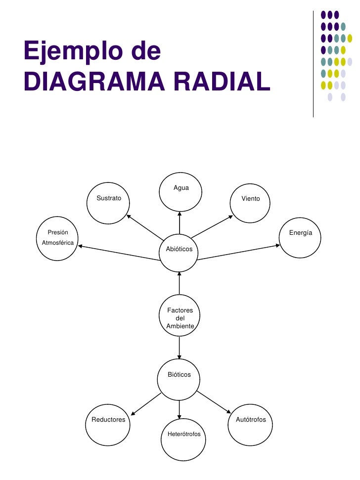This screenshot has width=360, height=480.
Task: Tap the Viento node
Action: (x=251, y=202)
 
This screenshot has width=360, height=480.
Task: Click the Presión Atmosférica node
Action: (x=58, y=240)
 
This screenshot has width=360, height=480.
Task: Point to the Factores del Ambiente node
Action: (x=180, y=317)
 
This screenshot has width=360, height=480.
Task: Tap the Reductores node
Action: (x=107, y=424)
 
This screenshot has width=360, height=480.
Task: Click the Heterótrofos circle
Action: (x=183, y=438)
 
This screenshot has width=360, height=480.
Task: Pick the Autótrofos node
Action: (x=250, y=423)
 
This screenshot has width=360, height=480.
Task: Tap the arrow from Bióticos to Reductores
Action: (x=146, y=404)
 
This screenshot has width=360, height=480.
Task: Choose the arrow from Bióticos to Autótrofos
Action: (x=214, y=402)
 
